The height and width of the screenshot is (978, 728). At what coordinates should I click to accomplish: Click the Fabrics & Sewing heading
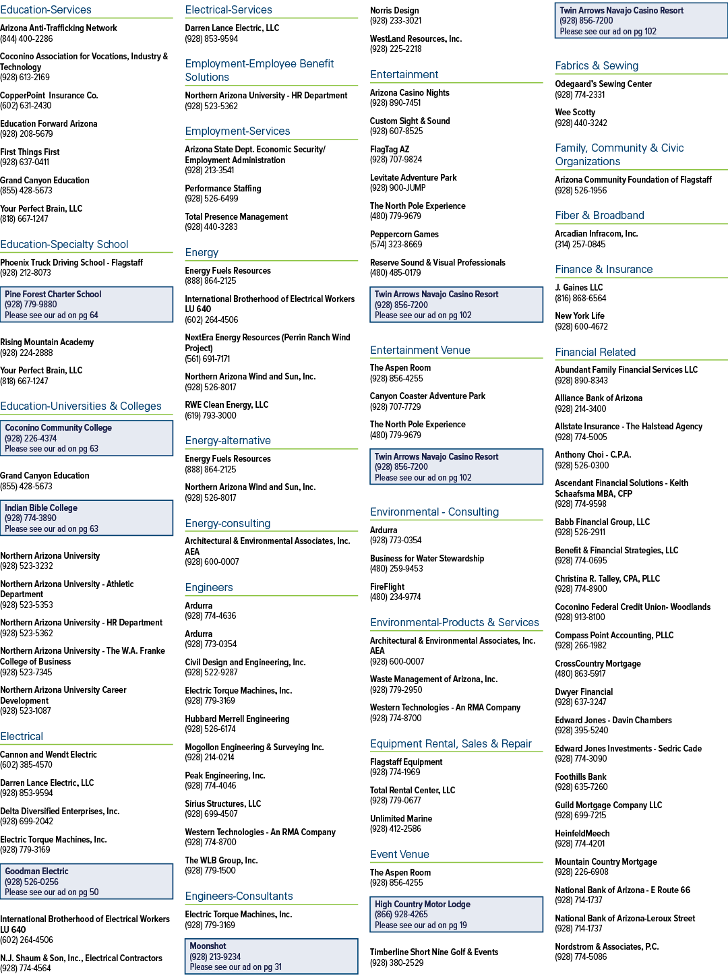coord(596,65)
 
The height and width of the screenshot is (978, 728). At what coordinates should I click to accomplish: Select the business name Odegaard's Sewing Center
coord(603,84)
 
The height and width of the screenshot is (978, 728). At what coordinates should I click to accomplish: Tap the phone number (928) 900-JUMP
coord(398,188)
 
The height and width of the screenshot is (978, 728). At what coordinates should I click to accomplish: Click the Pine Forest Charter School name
coord(53,294)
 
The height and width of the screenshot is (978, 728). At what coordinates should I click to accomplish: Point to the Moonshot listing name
coord(208,946)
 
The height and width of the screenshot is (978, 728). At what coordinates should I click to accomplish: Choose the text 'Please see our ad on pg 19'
coord(421,925)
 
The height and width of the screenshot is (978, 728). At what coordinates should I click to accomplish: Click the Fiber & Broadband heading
coord(599,215)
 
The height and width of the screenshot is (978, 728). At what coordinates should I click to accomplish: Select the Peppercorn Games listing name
coord(404,234)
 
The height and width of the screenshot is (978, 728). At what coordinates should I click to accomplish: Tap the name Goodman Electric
coord(36,871)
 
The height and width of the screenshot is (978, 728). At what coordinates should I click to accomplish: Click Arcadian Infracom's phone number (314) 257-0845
coord(580,244)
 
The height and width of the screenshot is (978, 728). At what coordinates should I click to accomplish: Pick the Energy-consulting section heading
coord(228,524)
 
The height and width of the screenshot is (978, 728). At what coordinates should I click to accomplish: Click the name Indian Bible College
coord(41,508)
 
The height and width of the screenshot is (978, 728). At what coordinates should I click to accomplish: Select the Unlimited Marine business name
coord(401,818)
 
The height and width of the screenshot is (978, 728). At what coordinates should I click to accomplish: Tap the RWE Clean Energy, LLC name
coord(226,405)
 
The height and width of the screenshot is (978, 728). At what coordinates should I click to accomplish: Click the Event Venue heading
coord(400,854)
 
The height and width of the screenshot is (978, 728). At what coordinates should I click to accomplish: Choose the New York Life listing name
coord(580,315)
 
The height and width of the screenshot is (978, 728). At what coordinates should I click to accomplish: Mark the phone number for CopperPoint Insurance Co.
coord(26,106)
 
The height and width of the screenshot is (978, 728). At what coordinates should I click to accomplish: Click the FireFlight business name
coord(387,586)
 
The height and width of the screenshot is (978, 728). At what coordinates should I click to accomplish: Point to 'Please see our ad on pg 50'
coord(52,892)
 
